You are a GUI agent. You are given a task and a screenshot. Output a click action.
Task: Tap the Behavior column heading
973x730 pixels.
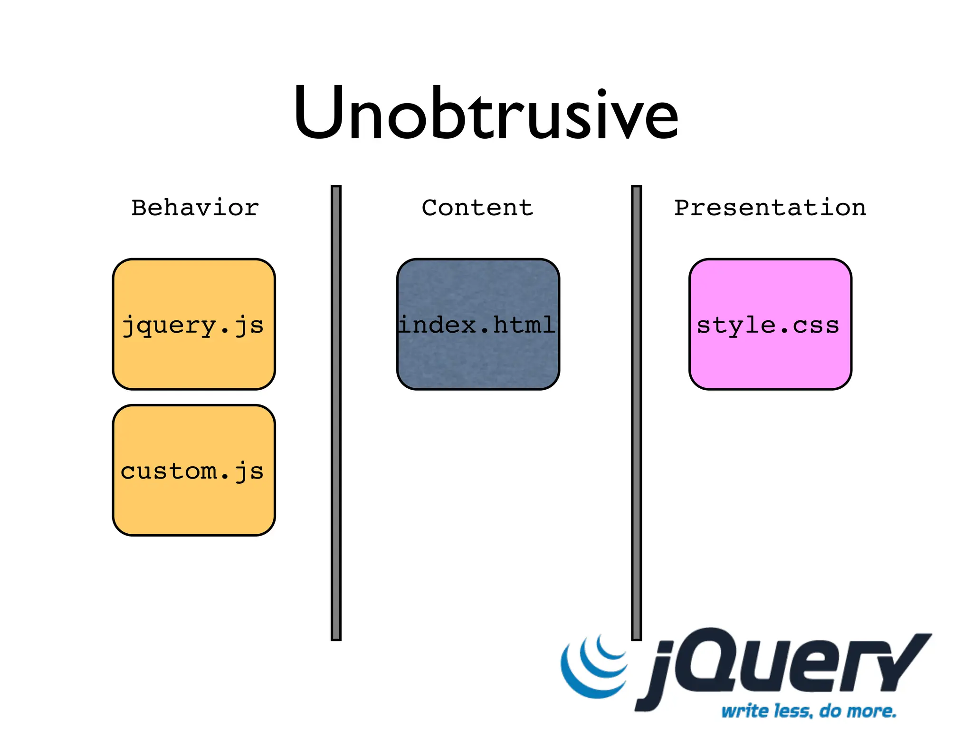pos(195,208)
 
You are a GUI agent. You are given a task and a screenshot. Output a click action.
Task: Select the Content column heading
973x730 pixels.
pos(477,208)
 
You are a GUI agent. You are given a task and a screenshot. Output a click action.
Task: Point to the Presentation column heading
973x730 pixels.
pos(770,208)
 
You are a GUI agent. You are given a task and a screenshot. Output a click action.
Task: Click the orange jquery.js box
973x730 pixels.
pos(194,361)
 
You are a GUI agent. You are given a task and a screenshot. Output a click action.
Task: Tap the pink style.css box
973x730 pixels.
pos(770,361)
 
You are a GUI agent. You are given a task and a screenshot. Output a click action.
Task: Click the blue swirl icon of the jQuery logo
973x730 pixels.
pos(594,668)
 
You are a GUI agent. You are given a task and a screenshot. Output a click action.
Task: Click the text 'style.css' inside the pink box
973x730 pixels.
pos(768,326)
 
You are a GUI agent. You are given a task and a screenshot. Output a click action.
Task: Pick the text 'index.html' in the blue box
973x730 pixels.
pos(477,325)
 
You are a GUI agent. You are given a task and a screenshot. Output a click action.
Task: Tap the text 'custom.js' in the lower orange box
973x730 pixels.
pos(192,472)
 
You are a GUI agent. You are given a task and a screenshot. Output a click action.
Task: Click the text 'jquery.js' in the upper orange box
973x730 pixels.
pos(193,326)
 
